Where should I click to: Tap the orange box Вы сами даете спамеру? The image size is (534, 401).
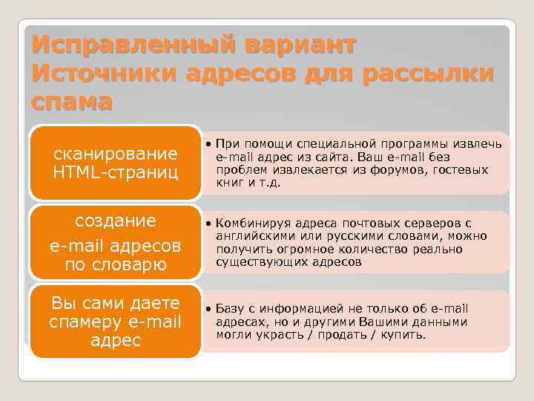116,322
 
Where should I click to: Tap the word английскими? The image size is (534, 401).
253,236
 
